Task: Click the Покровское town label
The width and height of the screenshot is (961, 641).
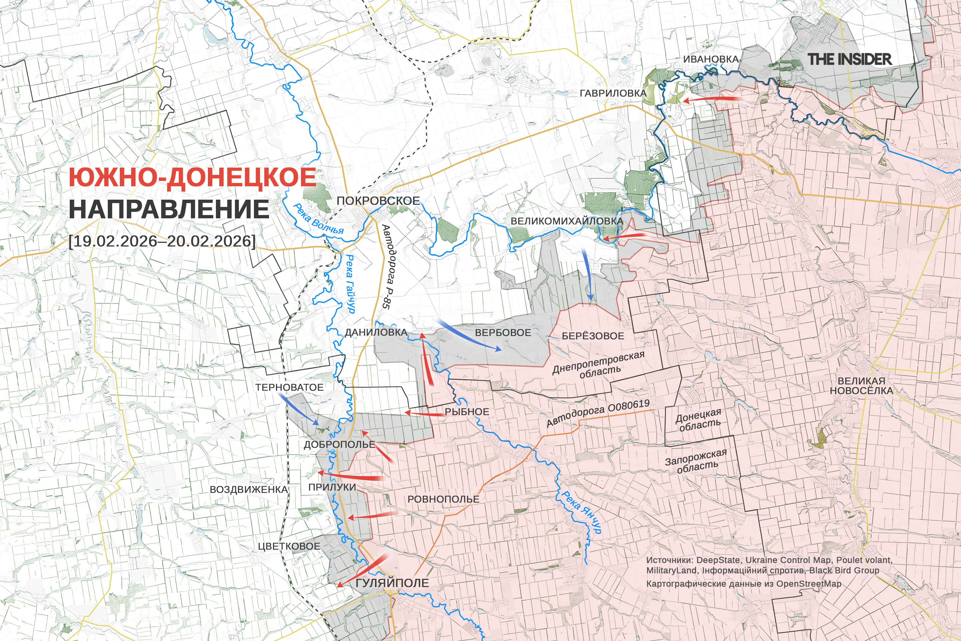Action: (378, 201)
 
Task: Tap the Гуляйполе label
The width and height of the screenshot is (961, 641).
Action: (392, 583)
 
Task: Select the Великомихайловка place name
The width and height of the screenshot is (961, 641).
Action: (567, 221)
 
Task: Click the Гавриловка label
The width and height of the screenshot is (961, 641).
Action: (613, 93)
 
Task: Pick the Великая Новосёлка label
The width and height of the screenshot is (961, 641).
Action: (861, 386)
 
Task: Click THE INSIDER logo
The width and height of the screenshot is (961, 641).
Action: (850, 59)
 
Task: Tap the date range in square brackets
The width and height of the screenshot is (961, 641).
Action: (162, 241)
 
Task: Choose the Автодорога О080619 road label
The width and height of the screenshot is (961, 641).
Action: (598, 413)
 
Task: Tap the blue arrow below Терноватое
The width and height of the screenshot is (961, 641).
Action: (298, 409)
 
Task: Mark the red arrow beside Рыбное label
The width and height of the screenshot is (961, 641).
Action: (424, 414)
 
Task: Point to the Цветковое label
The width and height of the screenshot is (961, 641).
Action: (289, 546)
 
